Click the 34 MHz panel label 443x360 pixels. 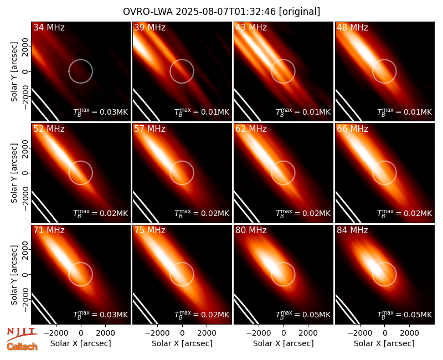pyautogui.click(x=49, y=27)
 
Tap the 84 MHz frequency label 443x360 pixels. pyautogui.click(x=352, y=230)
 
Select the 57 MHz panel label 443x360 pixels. pyautogui.click(x=150, y=129)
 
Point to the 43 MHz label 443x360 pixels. pyautogui.click(x=251, y=27)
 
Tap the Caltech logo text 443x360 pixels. pyautogui.click(x=22, y=347)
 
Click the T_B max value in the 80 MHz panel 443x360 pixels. pyautogui.click(x=303, y=315)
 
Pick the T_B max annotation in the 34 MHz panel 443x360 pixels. pyautogui.click(x=101, y=112)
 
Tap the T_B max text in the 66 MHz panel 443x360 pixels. pyautogui.click(x=405, y=213)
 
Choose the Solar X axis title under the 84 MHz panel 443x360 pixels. pyautogui.click(x=384, y=343)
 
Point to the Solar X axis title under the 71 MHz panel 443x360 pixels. pyautogui.click(x=81, y=343)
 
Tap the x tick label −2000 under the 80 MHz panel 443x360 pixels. pyautogui.click(x=256, y=333)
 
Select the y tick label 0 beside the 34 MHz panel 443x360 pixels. pyautogui.click(x=25, y=71)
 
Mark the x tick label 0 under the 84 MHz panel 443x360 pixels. pyautogui.click(x=384, y=333)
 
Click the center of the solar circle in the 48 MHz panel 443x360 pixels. pyautogui.click(x=384, y=71)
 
